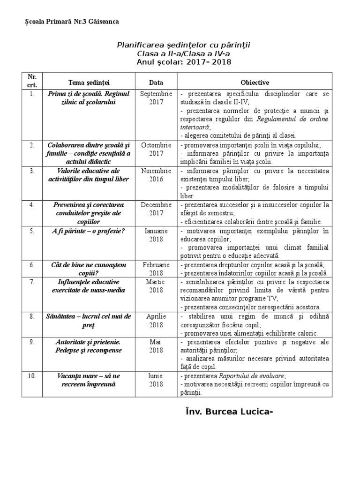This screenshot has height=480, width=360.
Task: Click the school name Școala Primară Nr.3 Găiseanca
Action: (x=71, y=22)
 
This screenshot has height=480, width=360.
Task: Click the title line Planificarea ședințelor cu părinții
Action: (x=184, y=45)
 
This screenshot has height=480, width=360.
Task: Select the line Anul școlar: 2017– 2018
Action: (x=184, y=62)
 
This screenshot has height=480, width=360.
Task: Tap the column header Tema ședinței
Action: (x=88, y=82)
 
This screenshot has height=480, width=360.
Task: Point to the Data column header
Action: (x=156, y=82)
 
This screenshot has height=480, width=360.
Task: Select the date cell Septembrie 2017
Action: (x=156, y=97)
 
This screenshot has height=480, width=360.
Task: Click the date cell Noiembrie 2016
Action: (x=156, y=175)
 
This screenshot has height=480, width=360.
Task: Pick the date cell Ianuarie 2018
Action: (x=156, y=235)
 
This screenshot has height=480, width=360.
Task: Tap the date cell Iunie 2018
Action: (x=156, y=380)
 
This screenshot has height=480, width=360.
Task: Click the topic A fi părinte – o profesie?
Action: (x=88, y=231)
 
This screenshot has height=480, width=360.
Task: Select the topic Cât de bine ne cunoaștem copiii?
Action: (x=88, y=269)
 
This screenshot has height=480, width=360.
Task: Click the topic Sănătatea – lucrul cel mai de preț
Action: (x=88, y=320)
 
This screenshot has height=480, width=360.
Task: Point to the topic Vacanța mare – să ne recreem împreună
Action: (x=88, y=380)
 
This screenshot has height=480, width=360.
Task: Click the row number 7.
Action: (x=32, y=282)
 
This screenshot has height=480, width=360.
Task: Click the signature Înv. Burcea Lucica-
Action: (x=227, y=412)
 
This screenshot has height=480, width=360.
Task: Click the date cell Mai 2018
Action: (x=156, y=346)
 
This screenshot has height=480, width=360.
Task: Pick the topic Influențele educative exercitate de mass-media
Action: (x=88, y=285)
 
